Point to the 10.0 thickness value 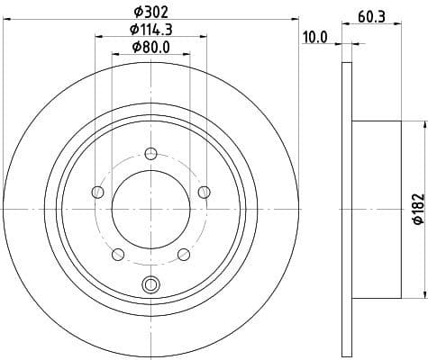tap(315, 38)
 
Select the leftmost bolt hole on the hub tap(96, 191)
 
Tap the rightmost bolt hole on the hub tap(204, 191)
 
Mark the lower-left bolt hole tap(116, 254)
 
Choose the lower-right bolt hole tap(183, 254)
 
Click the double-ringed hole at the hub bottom tap(150, 285)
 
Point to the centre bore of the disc tap(150, 209)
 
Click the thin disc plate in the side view tap(347, 209)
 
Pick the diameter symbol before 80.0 tap(135, 48)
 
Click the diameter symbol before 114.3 tap(128, 31)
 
